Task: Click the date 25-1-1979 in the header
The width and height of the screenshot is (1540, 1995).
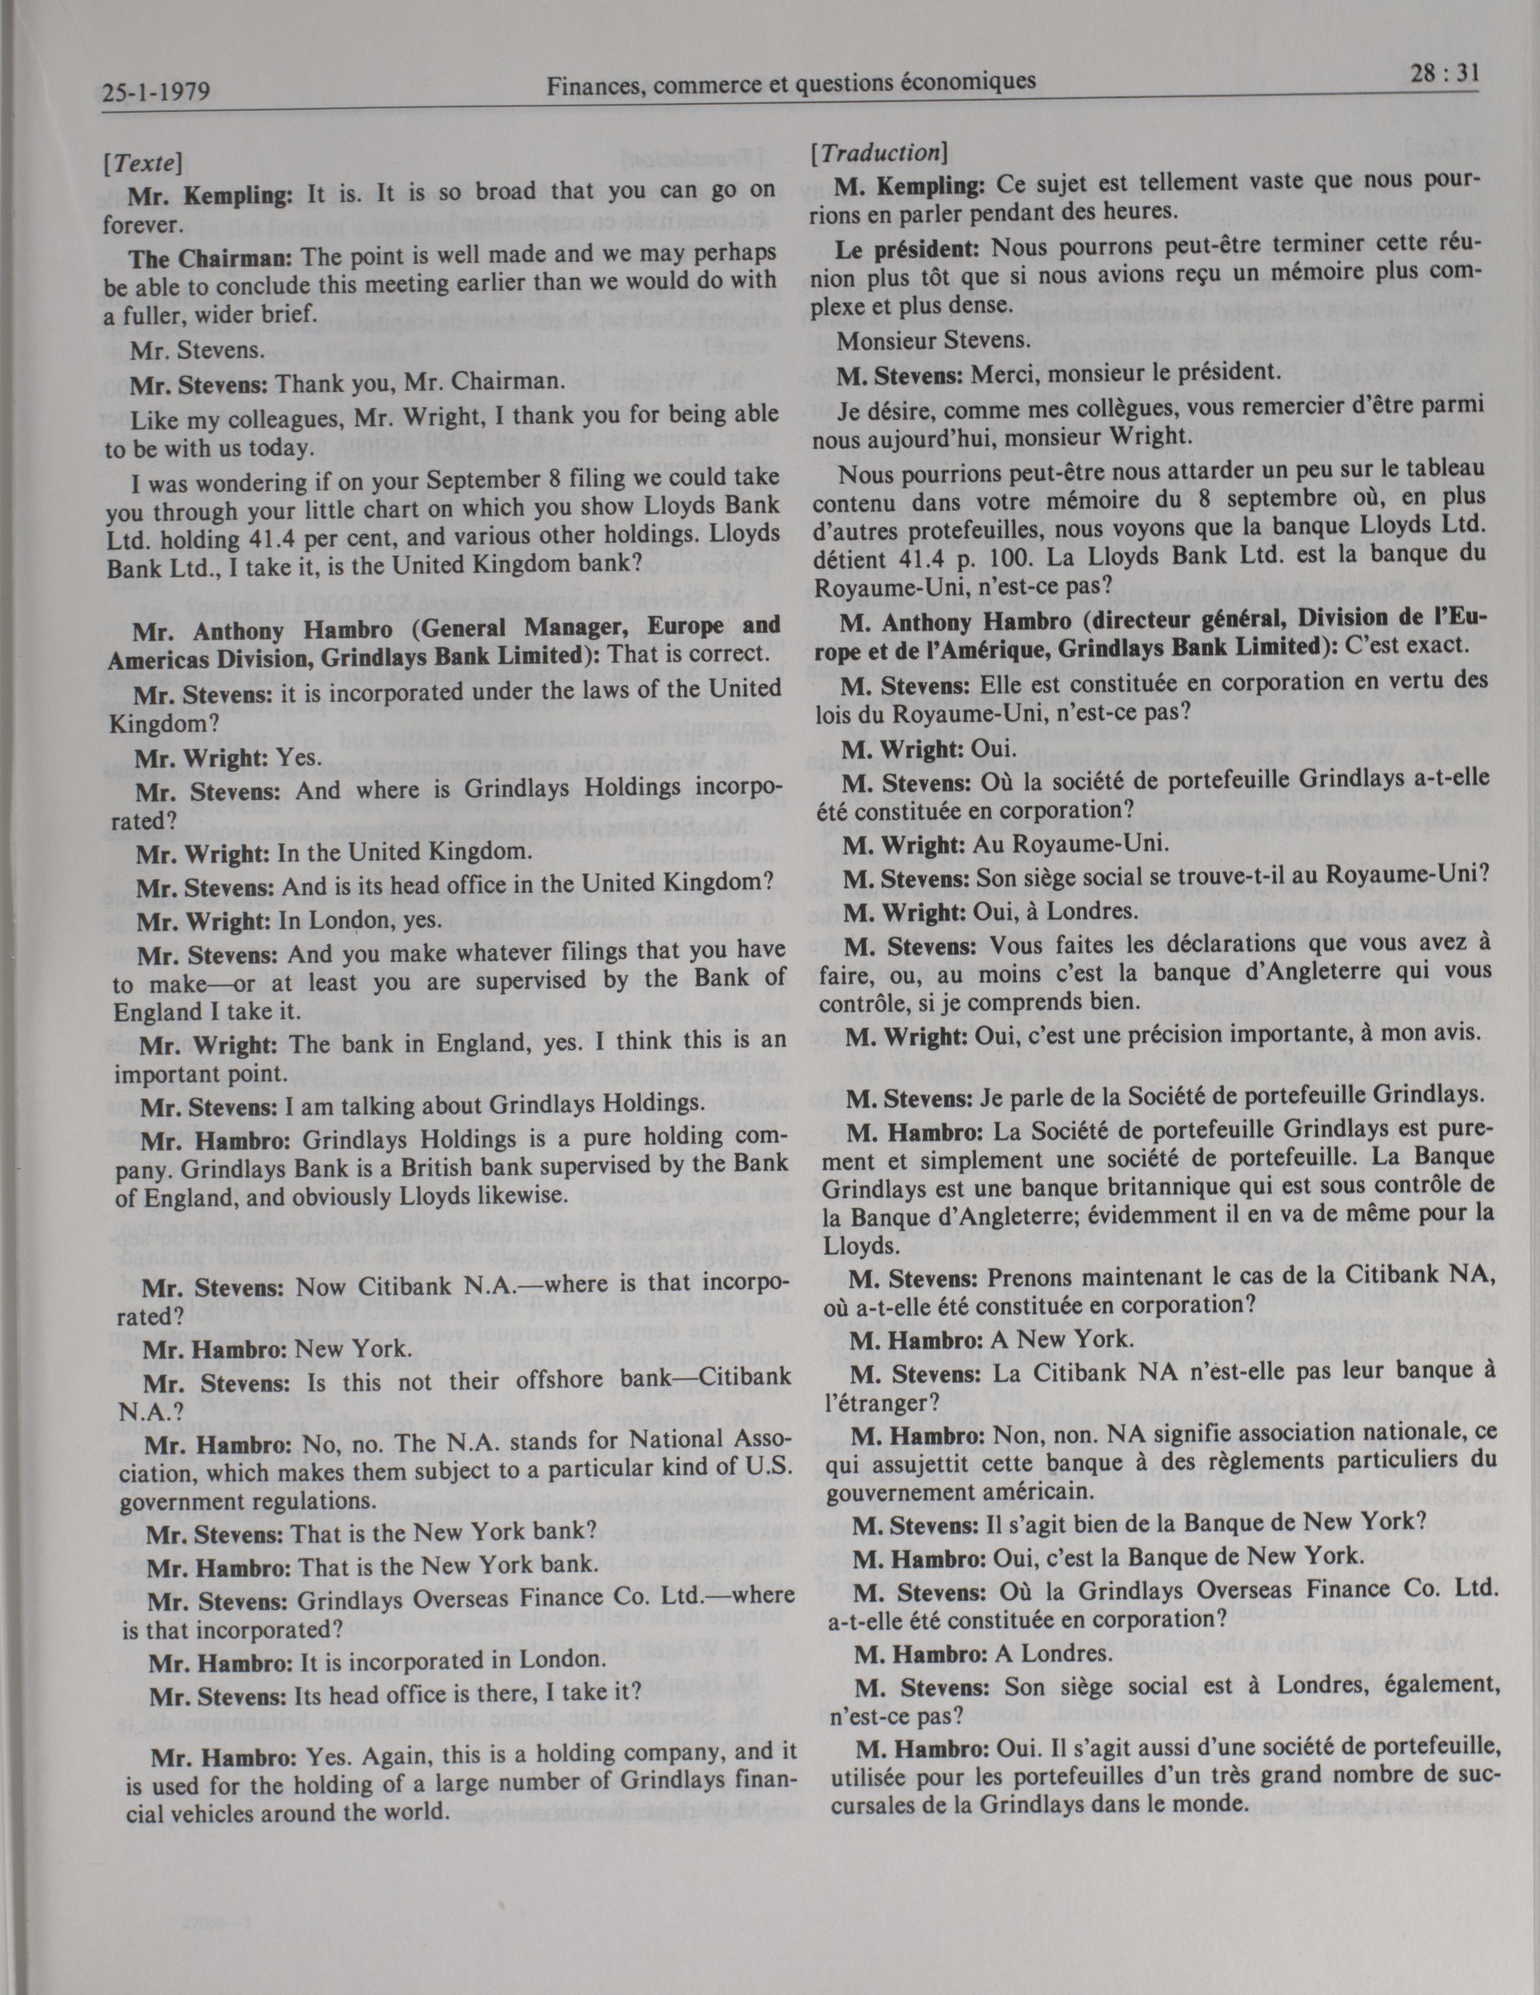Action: point(157,92)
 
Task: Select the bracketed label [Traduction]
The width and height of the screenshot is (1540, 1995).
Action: point(879,154)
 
